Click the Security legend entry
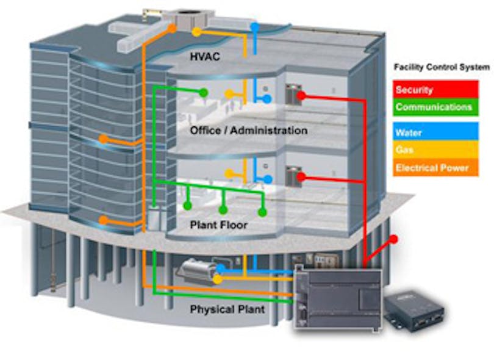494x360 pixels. pyautogui.click(x=415, y=90)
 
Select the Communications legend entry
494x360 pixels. pyautogui.click(x=433, y=107)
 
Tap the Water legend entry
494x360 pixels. pyautogui.click(x=409, y=132)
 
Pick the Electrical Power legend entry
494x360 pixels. pyautogui.click(x=432, y=167)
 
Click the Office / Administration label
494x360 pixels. pyautogui.click(x=248, y=131)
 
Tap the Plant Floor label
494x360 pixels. pyautogui.click(x=218, y=225)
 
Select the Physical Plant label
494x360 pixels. pyautogui.click(x=227, y=309)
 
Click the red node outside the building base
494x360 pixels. pyautogui.click(x=395, y=239)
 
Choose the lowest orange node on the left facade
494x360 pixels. pyautogui.click(x=104, y=220)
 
